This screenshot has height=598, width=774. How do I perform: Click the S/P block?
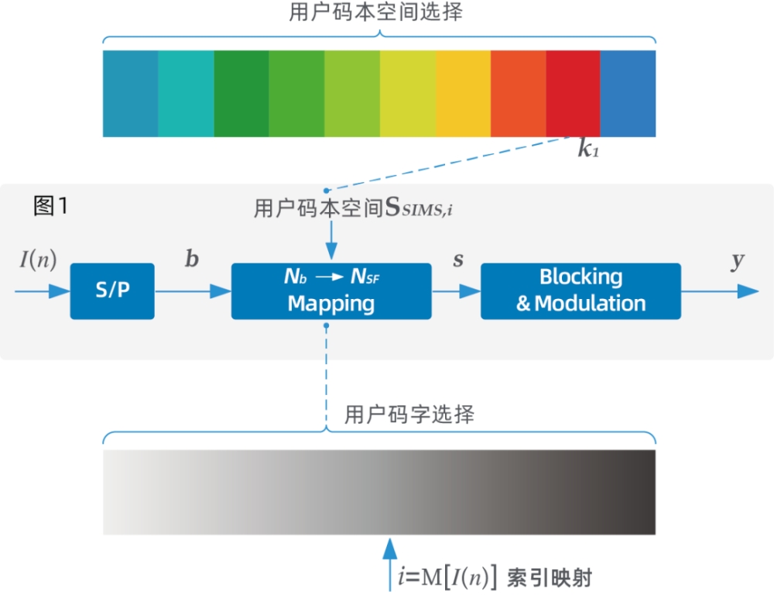[112, 291]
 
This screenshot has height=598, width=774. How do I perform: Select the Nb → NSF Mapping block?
[331, 291]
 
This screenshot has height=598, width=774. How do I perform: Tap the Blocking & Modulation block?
[580, 291]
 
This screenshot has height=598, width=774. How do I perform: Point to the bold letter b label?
[191, 259]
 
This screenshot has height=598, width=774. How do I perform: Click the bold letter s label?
[458, 260]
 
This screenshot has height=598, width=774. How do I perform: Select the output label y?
[738, 261]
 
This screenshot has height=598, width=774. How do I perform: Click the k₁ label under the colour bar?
[588, 150]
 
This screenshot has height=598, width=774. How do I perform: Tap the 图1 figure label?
[52, 206]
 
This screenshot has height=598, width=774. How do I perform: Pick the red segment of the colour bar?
[573, 94]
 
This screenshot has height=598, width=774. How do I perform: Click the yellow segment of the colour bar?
[463, 94]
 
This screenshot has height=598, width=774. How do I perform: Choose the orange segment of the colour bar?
[518, 94]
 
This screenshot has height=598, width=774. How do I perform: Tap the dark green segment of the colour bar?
[241, 94]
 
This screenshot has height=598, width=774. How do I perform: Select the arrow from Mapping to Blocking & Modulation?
[456, 292]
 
